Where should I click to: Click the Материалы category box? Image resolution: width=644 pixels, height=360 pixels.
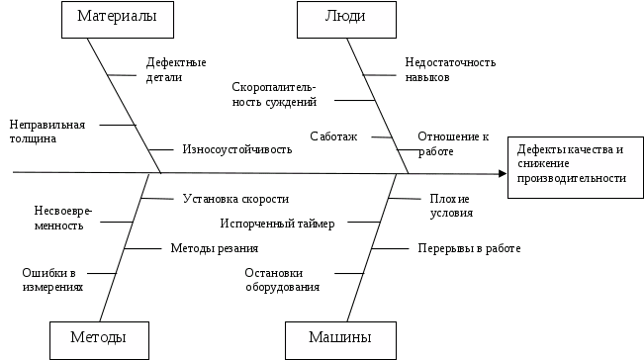[x=110, y=19]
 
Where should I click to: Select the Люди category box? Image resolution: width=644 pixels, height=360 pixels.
[x=342, y=19]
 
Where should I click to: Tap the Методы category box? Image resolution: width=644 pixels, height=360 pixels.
[x=98, y=338]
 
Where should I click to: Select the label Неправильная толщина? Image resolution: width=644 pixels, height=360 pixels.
[x=47, y=132]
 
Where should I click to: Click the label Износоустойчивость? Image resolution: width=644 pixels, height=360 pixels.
[x=238, y=150]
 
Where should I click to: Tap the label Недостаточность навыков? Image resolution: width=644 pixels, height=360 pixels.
[x=450, y=68]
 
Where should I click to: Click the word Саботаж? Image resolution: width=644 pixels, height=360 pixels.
[x=333, y=135]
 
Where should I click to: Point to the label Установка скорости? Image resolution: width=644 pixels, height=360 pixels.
[x=236, y=198]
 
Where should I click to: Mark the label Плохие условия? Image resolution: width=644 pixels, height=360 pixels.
[x=449, y=205]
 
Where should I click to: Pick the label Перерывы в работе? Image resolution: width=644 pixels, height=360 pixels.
[x=468, y=249]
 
